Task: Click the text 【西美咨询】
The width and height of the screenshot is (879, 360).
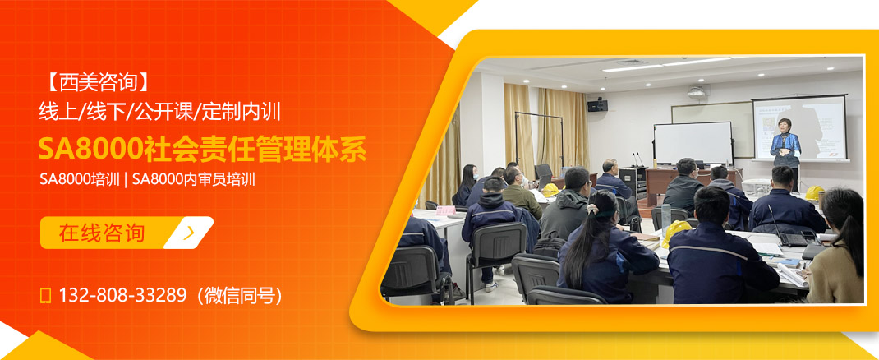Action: click(97, 82)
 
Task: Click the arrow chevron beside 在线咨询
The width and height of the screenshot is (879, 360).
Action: click(190, 233)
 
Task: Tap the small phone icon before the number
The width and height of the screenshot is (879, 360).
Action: click(46, 295)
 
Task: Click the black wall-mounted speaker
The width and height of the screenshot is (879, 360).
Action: click(597, 105)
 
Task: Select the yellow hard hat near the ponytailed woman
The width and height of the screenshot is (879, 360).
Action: click(677, 231)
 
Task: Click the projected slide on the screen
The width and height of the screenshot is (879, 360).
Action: click(798, 127)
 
